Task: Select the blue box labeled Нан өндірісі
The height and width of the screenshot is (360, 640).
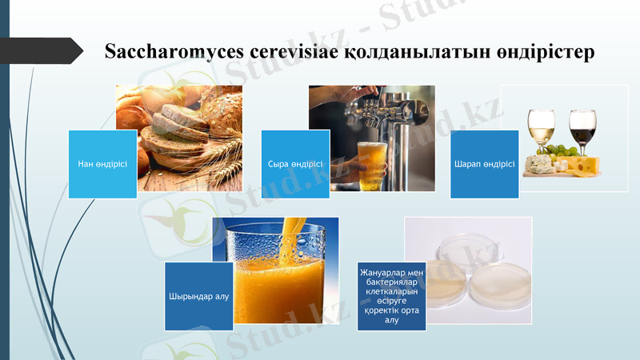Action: pyautogui.click(x=102, y=164)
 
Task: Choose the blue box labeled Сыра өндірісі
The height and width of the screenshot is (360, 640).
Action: pyautogui.click(x=295, y=164)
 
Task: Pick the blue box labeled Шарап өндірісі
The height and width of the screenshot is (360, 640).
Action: pyautogui.click(x=484, y=164)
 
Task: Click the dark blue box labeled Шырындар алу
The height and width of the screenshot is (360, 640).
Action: pyautogui.click(x=199, y=296)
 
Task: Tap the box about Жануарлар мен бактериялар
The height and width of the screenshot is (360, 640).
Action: pyautogui.click(x=391, y=297)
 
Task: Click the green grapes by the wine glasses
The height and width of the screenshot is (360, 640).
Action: pyautogui.click(x=566, y=151)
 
